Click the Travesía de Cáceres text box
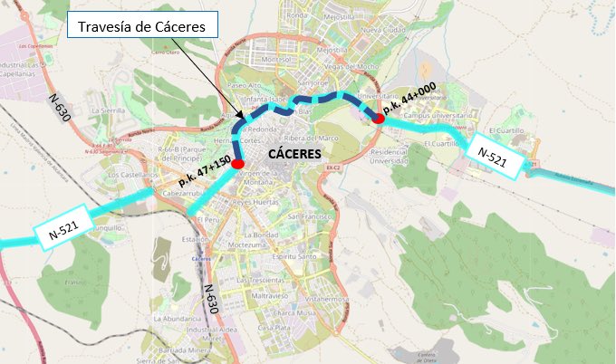tap(143, 27)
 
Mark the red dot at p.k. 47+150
tap(237, 164)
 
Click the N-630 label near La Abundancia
tap(209, 298)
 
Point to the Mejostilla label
tap(337, 15)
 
